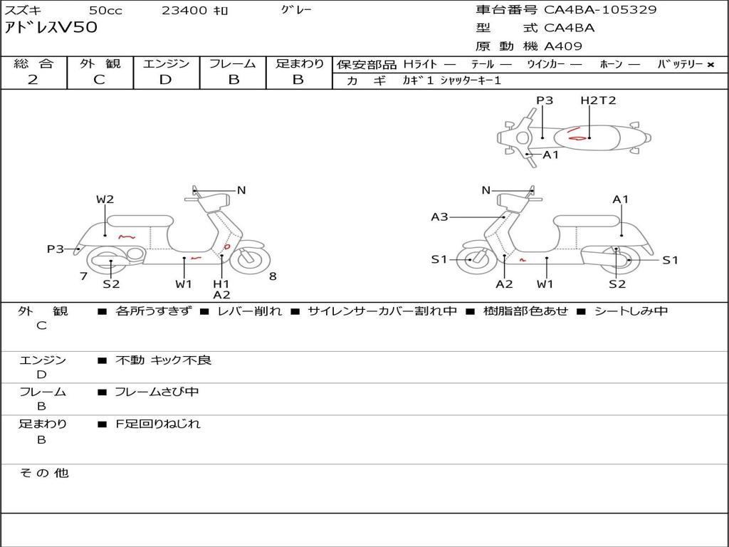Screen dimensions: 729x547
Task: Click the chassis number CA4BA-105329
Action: [600, 10]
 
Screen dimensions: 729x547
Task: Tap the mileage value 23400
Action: [184, 11]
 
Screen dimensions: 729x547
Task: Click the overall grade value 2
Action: [33, 80]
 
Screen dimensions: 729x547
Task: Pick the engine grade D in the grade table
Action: [166, 80]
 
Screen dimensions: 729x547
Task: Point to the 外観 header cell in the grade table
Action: [100, 64]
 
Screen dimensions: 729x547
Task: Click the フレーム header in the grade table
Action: [233, 64]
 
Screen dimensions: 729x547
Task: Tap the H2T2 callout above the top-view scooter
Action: [597, 100]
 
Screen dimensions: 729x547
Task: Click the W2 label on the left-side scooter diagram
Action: [105, 199]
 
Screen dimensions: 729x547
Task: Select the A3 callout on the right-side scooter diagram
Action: [439, 217]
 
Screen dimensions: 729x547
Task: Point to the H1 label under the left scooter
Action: [221, 284]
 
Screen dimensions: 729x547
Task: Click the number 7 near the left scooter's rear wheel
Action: [83, 276]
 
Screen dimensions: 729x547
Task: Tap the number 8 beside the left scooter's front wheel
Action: [273, 276]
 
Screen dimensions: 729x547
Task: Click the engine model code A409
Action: [563, 46]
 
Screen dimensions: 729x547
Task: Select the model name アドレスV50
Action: [51, 28]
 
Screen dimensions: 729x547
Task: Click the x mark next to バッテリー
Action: [710, 65]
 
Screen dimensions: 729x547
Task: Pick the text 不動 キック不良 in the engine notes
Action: [163, 360]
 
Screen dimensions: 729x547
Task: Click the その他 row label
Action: [43, 473]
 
